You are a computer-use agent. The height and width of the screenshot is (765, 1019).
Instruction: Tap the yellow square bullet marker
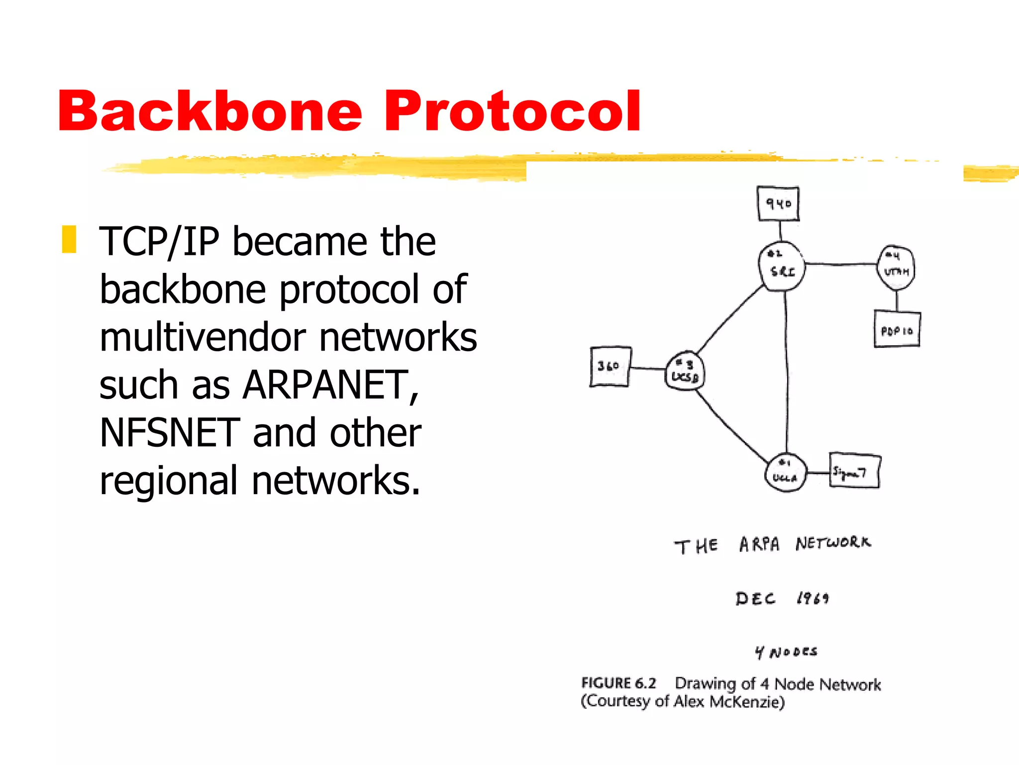click(69, 240)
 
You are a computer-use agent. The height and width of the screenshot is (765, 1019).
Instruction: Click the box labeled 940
click(778, 204)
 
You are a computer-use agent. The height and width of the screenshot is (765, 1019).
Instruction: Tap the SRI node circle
click(782, 267)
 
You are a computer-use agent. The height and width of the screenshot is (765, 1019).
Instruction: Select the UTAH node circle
click(896, 267)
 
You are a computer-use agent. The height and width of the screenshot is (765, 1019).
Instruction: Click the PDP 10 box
click(897, 330)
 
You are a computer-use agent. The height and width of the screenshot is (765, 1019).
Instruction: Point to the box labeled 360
click(610, 367)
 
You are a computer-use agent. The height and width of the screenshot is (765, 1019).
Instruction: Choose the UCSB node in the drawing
click(685, 372)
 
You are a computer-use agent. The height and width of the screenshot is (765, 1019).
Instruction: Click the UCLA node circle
click(785, 473)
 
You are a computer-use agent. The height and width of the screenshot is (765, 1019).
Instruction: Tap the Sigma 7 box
click(854, 471)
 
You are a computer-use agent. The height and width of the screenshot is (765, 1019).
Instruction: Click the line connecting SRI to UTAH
click(841, 264)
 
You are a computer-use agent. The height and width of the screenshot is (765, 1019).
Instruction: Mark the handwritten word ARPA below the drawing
click(759, 544)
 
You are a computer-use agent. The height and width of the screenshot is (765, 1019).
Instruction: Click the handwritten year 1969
click(813, 598)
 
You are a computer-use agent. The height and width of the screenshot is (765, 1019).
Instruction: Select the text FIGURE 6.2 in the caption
click(618, 683)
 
